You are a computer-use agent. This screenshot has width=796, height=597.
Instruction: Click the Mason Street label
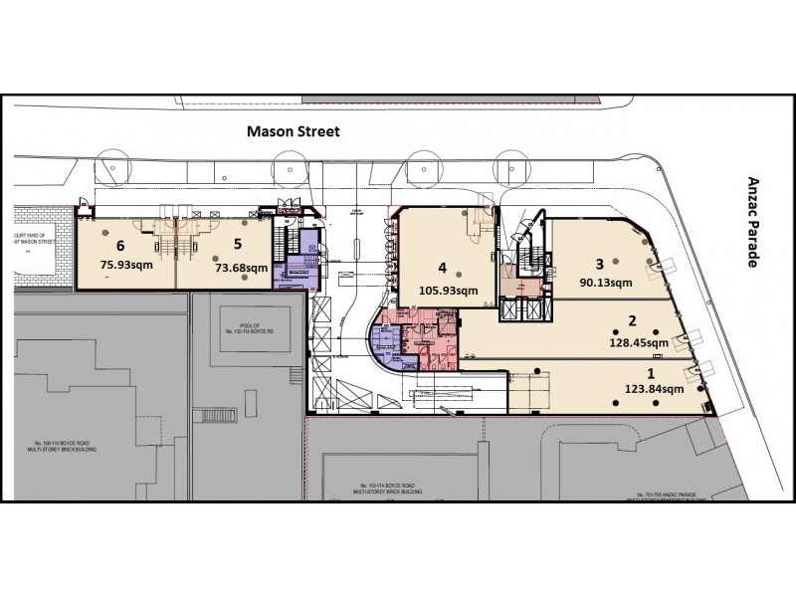tap(294, 130)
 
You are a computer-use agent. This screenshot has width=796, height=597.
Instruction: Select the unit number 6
tap(120, 245)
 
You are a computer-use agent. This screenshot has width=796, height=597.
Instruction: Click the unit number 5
tap(237, 241)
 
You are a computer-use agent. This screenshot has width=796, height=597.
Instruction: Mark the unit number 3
tap(599, 264)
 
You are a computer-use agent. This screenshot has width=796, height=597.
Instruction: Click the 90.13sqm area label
tap(603, 282)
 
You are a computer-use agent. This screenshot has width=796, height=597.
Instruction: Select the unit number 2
tap(630, 321)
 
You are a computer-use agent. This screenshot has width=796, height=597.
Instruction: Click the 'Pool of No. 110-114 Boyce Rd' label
tap(244, 323)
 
